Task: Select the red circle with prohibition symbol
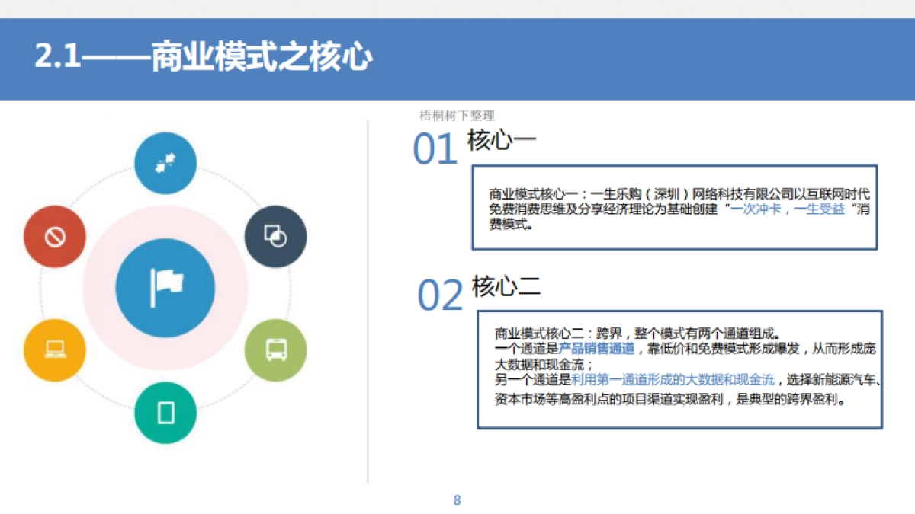coord(55,237)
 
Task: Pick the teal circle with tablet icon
coord(165,413)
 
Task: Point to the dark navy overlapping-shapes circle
coord(275,237)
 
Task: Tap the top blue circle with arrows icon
coord(165,163)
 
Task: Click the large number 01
coord(435,149)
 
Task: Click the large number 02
coord(440,295)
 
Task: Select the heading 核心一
coord(501,141)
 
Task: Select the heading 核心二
coord(506,287)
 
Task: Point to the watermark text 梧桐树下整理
coord(457,116)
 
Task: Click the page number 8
coord(457,500)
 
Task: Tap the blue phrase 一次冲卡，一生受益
coord(788,209)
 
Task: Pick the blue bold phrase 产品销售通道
coord(596,348)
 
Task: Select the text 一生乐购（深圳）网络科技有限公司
coord(664,193)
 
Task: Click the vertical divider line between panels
coord(368,305)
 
